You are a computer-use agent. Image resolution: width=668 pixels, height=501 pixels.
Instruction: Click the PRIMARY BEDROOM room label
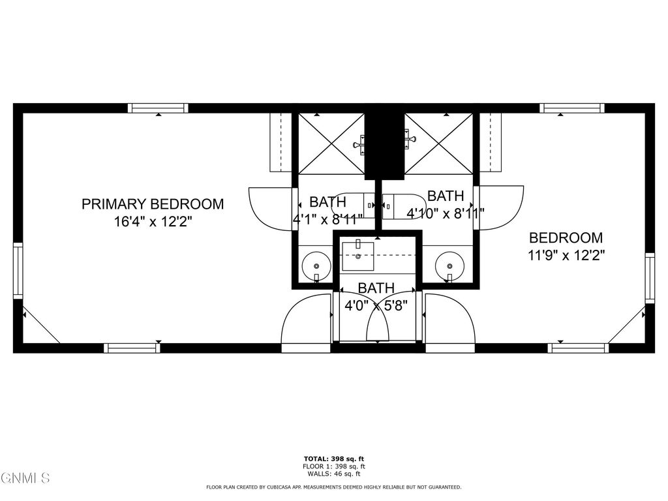point(152,204)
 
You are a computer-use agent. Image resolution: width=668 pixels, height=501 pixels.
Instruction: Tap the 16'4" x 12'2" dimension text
point(153,222)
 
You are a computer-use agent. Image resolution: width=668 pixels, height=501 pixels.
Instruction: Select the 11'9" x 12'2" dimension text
point(566,256)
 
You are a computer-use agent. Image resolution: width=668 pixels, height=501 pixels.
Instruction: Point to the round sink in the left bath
point(317,266)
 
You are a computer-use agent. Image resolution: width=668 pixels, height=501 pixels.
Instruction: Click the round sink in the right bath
point(449,266)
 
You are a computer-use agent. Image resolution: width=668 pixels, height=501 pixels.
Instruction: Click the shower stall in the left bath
point(331,144)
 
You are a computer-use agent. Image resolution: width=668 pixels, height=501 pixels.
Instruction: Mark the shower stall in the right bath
point(439,144)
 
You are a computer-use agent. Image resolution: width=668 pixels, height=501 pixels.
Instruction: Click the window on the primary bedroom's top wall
point(158,108)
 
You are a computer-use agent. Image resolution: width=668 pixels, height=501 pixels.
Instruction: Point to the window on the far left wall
point(18,271)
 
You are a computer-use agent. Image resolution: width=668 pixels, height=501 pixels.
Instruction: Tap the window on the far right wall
point(650,277)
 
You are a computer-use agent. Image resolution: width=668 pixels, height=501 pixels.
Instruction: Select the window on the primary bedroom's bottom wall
point(133,348)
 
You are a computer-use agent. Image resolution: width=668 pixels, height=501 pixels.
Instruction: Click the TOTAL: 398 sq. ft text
point(333,459)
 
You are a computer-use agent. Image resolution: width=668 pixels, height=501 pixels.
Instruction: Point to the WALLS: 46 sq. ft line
point(333,474)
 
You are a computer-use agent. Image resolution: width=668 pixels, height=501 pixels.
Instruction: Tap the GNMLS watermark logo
point(25,479)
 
